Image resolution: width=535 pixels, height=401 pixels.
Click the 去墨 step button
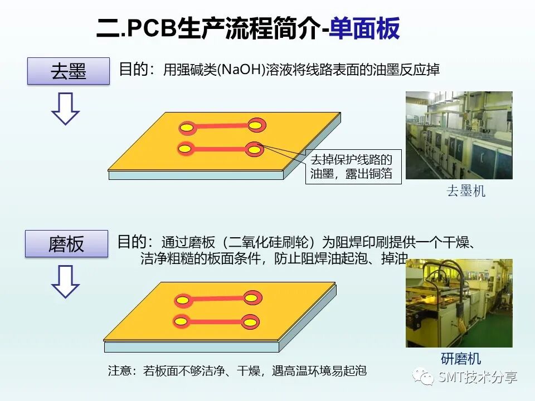click(x=69, y=71)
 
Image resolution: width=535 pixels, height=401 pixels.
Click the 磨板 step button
click(x=66, y=243)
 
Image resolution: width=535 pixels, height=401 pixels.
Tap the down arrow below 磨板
click(x=65, y=281)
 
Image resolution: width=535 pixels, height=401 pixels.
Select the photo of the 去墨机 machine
click(x=459, y=135)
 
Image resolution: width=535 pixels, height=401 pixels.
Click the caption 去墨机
click(x=465, y=192)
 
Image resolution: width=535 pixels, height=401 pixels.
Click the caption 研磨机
click(x=461, y=359)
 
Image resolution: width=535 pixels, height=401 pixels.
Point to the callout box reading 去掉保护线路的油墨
click(x=352, y=166)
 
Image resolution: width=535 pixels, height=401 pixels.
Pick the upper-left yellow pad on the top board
click(x=188, y=129)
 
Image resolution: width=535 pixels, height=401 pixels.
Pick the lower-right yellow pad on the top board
click(x=254, y=149)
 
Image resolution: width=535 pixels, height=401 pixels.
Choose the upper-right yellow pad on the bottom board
click(x=251, y=299)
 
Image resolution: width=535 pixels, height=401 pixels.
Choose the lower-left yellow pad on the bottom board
click(x=181, y=321)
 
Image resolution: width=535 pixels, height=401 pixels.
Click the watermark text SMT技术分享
click(x=478, y=378)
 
